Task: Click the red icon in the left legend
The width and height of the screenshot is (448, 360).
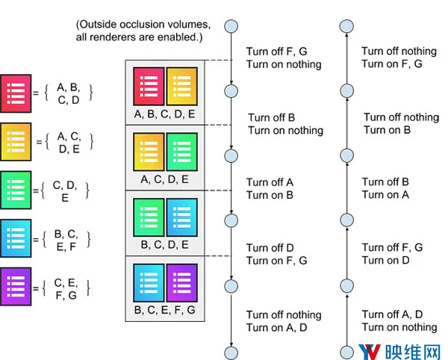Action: click(x=16, y=93)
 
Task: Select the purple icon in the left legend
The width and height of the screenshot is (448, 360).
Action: click(x=16, y=287)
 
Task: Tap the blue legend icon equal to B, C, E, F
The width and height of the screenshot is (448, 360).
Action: click(x=16, y=238)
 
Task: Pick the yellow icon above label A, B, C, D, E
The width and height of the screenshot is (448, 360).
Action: click(x=182, y=87)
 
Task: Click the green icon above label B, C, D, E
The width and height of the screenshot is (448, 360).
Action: click(x=149, y=217)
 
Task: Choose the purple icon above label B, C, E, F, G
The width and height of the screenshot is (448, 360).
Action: click(x=182, y=283)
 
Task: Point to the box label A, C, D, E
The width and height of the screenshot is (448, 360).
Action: click(x=165, y=179)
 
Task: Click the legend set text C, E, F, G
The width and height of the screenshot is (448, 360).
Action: click(x=66, y=289)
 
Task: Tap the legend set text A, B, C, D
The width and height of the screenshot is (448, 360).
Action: click(x=68, y=93)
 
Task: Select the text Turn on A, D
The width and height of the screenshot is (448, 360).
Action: click(x=276, y=327)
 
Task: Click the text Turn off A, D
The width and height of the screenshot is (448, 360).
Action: click(x=392, y=314)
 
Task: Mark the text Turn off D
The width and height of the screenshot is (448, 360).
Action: click(x=270, y=248)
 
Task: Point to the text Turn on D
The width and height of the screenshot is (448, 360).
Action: click(x=386, y=260)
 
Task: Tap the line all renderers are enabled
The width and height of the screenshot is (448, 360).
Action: click(x=139, y=37)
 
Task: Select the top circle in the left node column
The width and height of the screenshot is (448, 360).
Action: click(x=231, y=26)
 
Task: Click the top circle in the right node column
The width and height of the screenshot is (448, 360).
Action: click(x=346, y=26)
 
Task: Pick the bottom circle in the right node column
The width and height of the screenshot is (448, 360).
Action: click(x=347, y=353)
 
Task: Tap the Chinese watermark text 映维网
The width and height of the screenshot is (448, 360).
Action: click(x=412, y=352)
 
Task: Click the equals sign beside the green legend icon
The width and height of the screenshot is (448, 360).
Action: click(x=36, y=190)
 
